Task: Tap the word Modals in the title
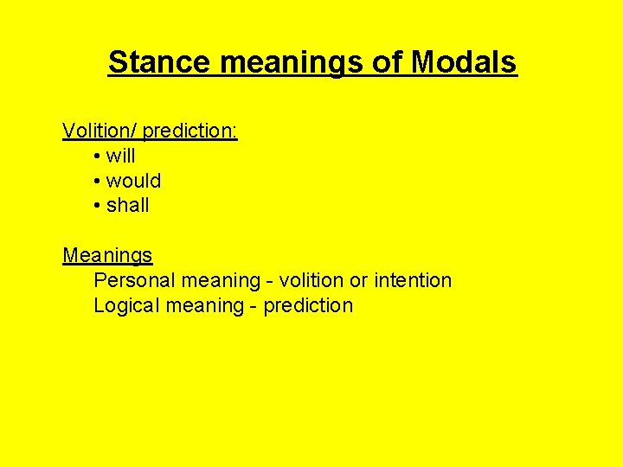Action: coord(464,62)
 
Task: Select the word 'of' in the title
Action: coord(390,62)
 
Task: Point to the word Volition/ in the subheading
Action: coord(100,131)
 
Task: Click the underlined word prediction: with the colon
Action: coord(190,131)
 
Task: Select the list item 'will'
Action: coord(121,156)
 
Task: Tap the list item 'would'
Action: coord(133,181)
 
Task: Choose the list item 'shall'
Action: coord(128,206)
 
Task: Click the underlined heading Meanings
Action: coord(107,256)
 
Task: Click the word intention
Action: coord(413,280)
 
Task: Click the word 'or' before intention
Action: coord(360,281)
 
